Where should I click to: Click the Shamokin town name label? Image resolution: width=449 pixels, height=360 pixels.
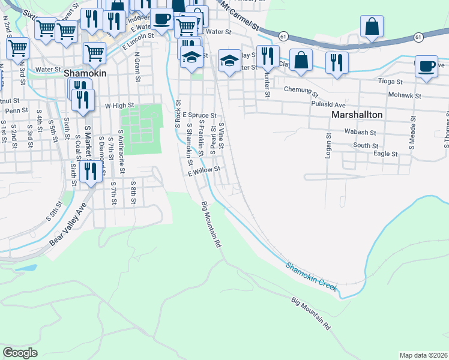tap(85, 73)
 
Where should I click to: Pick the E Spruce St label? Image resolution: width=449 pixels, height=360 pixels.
tap(199, 114)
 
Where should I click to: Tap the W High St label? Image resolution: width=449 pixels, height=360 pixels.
tap(118, 105)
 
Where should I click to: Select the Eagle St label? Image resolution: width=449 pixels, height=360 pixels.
tap(386, 154)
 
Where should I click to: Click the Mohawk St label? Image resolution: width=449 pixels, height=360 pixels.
tap(403, 95)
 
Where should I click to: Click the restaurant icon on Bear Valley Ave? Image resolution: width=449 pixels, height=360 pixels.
tap(90, 172)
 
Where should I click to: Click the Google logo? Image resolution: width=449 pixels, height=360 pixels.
tap(20, 353)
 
